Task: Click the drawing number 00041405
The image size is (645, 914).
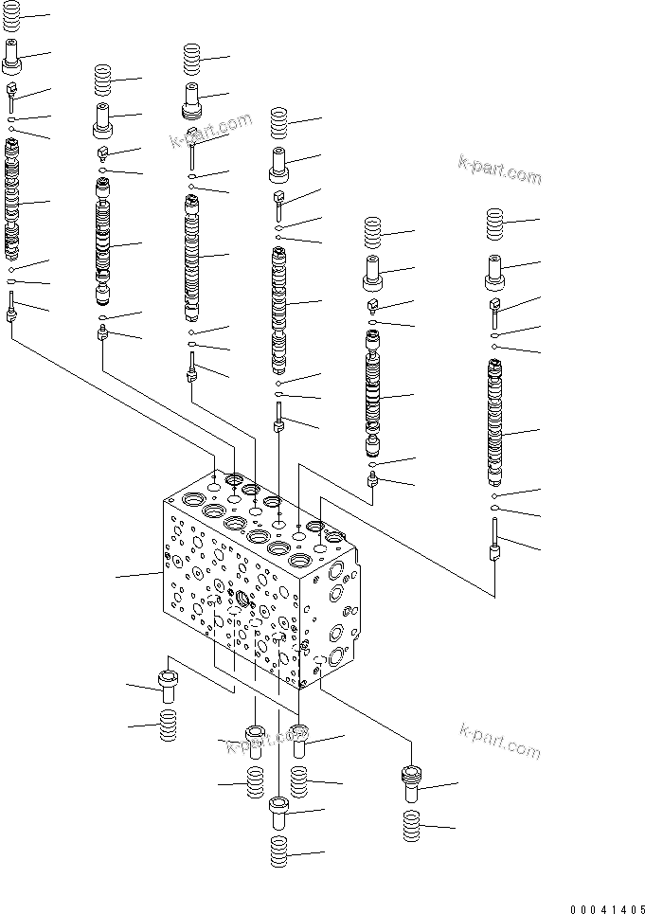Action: [606, 906]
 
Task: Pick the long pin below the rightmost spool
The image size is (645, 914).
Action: [494, 541]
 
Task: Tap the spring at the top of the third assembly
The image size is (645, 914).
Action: [193, 59]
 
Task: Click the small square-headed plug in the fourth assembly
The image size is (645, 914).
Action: [279, 197]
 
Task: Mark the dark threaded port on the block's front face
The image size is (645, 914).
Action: [242, 599]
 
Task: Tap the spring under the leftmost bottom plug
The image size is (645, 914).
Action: [168, 728]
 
